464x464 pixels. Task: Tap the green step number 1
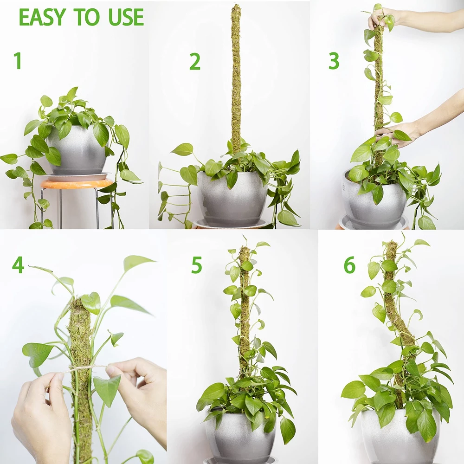pyautogui.click(x=18, y=61)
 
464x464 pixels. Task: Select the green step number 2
pyautogui.click(x=195, y=62)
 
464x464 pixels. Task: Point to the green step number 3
pyautogui.click(x=334, y=61)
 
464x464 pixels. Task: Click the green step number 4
pyautogui.click(x=18, y=265)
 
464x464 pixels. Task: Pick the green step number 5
pyautogui.click(x=196, y=265)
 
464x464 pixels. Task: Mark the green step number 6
pyautogui.click(x=349, y=265)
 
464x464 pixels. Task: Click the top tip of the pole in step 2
pyautogui.click(x=236, y=5)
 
